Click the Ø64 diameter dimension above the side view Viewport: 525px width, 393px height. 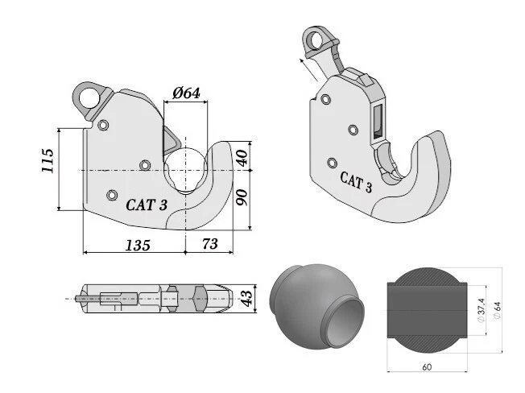coord(187,93)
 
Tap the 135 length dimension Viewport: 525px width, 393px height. coord(137,246)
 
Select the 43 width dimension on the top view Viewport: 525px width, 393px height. coord(248,298)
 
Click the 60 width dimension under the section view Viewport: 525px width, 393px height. coord(427,367)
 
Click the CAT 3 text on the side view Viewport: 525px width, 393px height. coord(146,205)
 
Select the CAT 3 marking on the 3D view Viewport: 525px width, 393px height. coord(355,183)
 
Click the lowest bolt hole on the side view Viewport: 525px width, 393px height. coord(112,193)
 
